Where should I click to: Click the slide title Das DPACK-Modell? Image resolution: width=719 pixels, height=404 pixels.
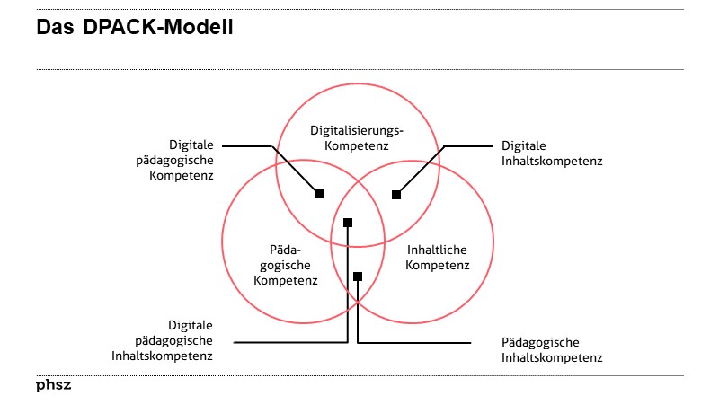point(135,28)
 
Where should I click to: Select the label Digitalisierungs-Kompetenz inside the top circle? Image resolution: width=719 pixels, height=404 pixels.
point(357,136)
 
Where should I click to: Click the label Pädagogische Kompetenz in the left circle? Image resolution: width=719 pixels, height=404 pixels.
point(286,265)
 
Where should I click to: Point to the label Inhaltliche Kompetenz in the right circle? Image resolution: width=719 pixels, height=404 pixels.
point(437,257)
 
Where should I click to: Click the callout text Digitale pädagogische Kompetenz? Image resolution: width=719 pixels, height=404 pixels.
point(191,160)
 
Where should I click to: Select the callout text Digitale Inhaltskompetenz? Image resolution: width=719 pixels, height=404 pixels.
point(551,153)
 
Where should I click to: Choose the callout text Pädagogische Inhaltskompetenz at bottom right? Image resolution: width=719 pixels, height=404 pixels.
point(551,350)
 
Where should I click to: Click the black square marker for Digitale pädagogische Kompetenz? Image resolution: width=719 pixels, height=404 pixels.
point(318,193)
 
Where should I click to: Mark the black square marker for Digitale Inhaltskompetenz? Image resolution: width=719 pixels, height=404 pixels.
point(395,193)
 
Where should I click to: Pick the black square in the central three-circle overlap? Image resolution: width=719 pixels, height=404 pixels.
point(348,222)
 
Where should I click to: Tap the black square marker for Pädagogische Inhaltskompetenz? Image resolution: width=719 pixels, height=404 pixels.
point(358,276)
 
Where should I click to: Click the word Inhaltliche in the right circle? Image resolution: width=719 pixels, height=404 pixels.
point(437,250)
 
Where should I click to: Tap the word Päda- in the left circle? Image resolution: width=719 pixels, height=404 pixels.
point(286,250)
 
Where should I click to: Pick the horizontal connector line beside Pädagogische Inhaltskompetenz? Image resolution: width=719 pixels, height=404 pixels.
point(413,342)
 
